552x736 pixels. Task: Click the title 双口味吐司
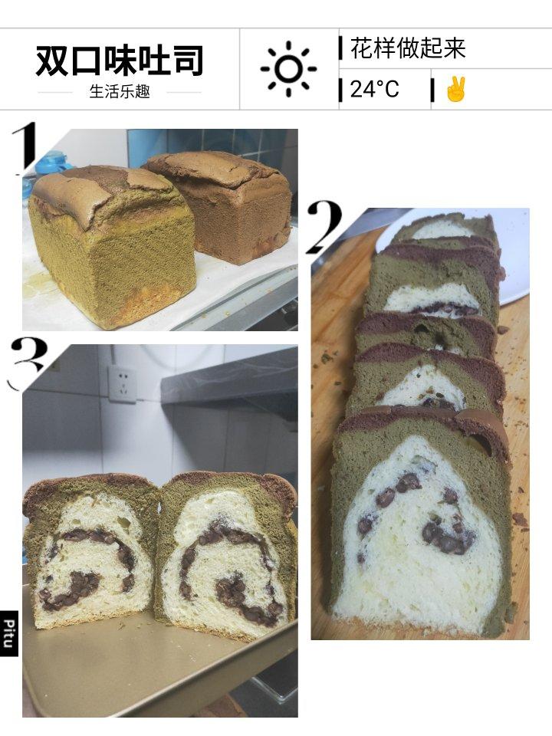[120, 61]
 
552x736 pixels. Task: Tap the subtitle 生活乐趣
[120, 91]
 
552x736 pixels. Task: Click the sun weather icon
[288, 69]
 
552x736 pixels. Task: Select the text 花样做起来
[407, 48]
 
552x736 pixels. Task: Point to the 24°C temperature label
[374, 89]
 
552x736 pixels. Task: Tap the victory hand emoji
[455, 89]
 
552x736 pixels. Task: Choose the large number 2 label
[325, 227]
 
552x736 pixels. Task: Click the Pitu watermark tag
[9, 633]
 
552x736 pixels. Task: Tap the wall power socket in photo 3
[123, 384]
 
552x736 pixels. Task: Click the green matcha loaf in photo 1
[112, 246]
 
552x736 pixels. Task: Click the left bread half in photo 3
[90, 551]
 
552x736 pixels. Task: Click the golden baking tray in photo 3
[155, 666]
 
